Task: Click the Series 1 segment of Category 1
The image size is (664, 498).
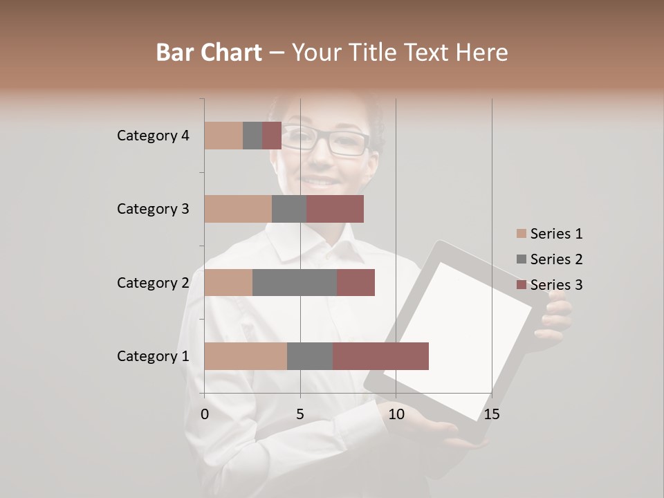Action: tap(246, 356)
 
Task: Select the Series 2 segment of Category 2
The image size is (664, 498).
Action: tap(295, 282)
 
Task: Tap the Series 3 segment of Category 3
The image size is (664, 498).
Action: tap(335, 209)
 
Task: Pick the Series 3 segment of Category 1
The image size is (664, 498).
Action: tap(380, 356)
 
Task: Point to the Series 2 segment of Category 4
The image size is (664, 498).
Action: tap(252, 136)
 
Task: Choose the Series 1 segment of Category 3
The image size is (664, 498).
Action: tap(238, 209)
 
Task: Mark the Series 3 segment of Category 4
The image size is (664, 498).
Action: tap(272, 136)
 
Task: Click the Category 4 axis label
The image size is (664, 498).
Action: tap(153, 136)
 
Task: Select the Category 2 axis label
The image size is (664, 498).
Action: tap(153, 282)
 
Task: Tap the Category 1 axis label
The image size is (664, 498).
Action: tap(153, 356)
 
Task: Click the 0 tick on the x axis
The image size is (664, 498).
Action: tap(205, 414)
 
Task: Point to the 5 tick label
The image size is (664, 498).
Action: tap(300, 414)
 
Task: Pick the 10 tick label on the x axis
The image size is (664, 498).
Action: tap(396, 414)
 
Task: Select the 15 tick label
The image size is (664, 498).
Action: tap(491, 414)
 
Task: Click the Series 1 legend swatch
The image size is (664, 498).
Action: tap(521, 234)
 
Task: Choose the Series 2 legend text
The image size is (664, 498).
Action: tap(556, 259)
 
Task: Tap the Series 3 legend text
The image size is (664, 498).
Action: tap(556, 285)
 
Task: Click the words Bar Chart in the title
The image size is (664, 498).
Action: tap(209, 53)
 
